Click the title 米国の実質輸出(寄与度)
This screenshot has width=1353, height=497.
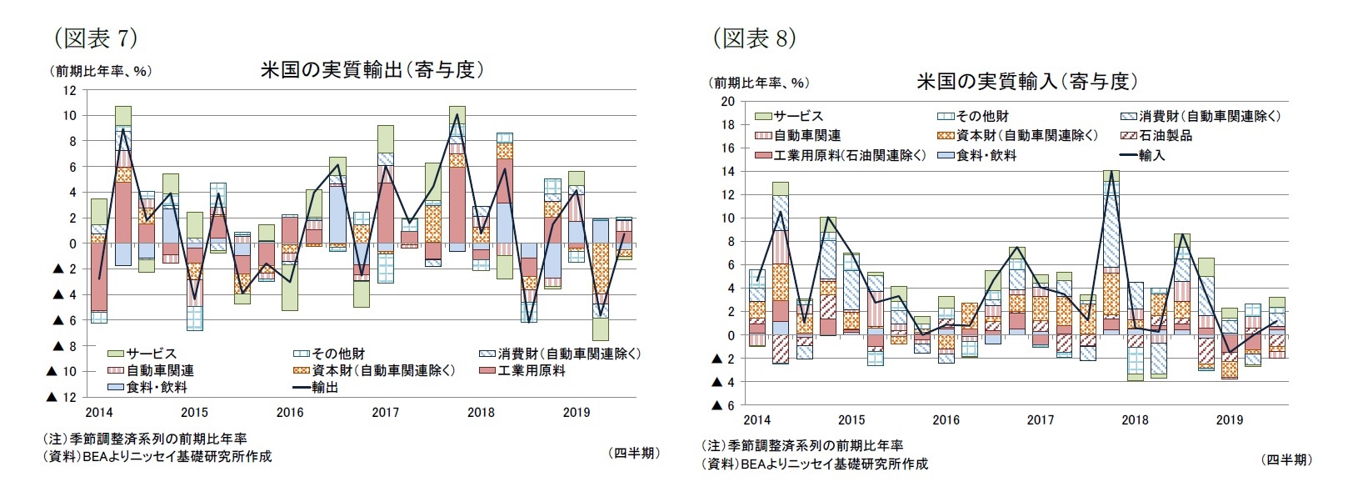(x=372, y=71)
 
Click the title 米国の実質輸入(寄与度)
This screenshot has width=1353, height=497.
(x=1027, y=82)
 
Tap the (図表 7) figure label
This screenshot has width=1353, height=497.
(x=94, y=38)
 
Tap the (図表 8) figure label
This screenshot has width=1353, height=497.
(x=754, y=38)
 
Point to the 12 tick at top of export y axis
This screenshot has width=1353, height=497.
(x=70, y=90)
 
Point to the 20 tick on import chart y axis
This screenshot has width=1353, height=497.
(x=727, y=102)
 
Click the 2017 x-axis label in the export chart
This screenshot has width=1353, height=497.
(x=385, y=412)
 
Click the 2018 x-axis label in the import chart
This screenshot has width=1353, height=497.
(x=1135, y=420)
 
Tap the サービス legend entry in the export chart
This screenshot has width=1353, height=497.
(x=151, y=354)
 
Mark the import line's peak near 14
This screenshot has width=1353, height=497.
(x=1111, y=171)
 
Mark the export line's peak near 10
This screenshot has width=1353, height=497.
(x=457, y=115)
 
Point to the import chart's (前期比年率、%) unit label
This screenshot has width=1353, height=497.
(x=758, y=83)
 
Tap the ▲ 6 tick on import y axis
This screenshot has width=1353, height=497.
(x=722, y=405)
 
